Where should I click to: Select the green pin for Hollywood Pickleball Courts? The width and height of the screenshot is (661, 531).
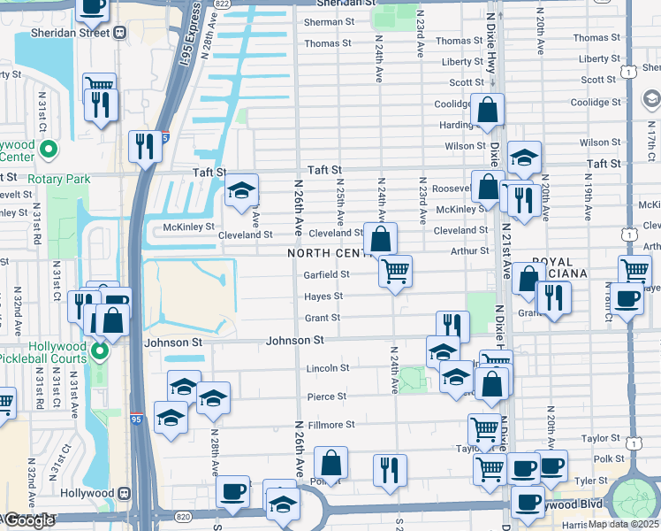click(99, 353)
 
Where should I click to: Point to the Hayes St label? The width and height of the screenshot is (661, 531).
click(324, 296)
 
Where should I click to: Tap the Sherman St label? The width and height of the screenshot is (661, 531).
click(328, 23)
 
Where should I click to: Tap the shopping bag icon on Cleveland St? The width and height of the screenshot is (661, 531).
click(380, 239)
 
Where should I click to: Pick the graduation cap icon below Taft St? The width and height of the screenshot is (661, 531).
click(240, 190)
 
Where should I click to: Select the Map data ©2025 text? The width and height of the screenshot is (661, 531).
click(624, 525)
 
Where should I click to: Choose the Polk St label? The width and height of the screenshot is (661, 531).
click(609, 460)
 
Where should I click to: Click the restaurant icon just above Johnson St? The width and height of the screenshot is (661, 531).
click(452, 325)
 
